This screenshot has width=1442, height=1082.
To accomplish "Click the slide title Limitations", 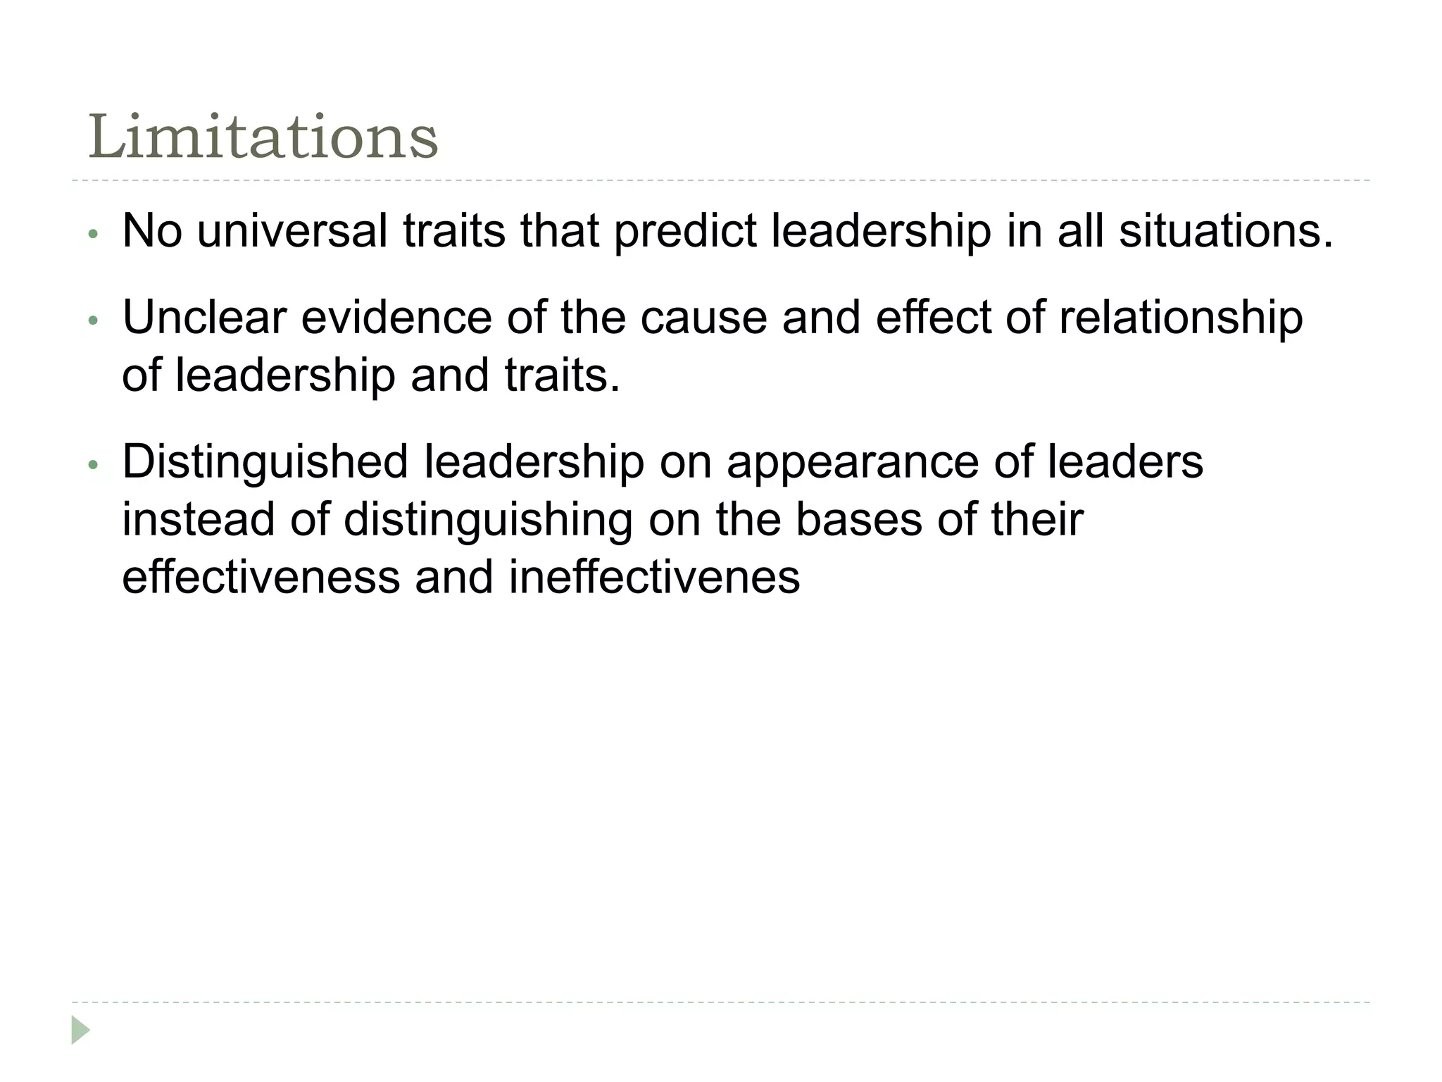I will (263, 137).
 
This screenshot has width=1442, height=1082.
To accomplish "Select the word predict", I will (685, 232).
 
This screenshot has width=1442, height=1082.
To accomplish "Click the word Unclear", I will (204, 317).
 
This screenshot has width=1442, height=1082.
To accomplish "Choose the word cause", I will (703, 317).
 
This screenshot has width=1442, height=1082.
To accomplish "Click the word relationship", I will (1181, 318).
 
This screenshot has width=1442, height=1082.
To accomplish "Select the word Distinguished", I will (265, 463).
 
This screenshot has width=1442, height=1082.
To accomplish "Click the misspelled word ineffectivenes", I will (654, 577).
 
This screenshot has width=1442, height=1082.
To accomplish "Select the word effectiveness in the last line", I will (261, 577).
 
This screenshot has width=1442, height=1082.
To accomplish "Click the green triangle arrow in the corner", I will (80, 1030).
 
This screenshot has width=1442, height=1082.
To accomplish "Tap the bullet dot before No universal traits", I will (92, 234).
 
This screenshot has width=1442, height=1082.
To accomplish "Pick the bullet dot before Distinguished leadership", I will (92, 465).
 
